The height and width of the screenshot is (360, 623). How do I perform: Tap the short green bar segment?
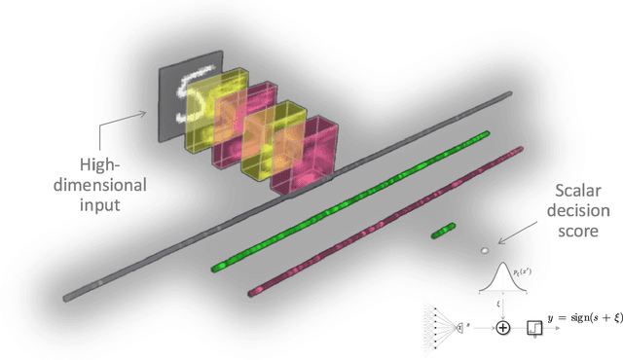click(444, 231)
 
